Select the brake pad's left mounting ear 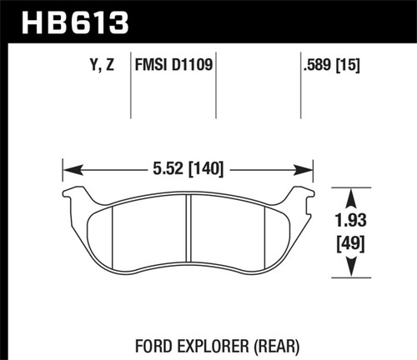coord(73,197)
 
